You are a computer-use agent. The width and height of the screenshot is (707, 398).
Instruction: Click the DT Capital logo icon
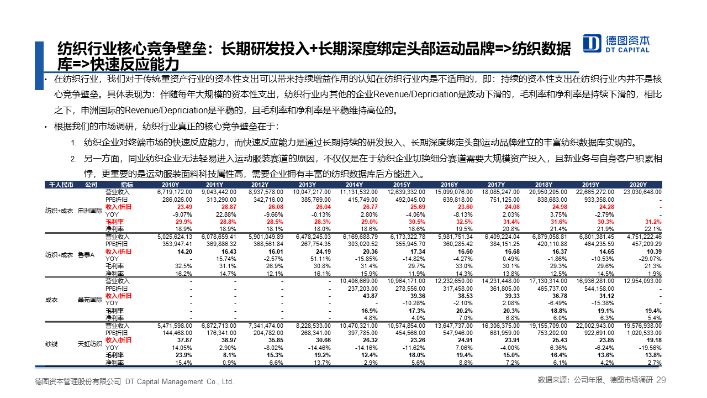(592, 43)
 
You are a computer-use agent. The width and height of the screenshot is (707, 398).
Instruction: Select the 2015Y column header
(402, 185)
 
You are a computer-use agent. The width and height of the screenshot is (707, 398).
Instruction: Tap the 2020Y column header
(638, 185)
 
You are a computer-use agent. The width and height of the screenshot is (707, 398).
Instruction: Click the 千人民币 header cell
(61, 185)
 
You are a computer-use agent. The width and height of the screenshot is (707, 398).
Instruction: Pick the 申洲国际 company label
(90, 211)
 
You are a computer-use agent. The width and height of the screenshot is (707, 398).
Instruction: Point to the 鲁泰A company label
(86, 255)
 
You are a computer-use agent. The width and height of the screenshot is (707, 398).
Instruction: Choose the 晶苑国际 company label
(90, 300)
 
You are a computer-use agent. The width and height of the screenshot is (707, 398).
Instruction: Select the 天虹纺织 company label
(90, 344)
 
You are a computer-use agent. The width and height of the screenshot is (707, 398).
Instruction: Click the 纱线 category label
(51, 344)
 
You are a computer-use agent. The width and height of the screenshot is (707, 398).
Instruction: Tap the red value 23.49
(184, 207)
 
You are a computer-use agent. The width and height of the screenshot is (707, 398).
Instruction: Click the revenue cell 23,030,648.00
(642, 192)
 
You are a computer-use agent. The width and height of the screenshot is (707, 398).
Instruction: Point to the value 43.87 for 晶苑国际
(370, 296)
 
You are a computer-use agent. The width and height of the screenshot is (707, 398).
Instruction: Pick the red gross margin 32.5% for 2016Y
(465, 222)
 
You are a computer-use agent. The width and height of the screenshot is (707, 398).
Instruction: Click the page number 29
(661, 380)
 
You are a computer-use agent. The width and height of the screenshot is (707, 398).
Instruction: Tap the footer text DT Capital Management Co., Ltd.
(180, 381)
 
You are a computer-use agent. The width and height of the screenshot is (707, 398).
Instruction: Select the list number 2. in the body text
(73, 159)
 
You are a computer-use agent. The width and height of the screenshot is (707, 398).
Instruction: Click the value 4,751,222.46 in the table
(642, 237)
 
